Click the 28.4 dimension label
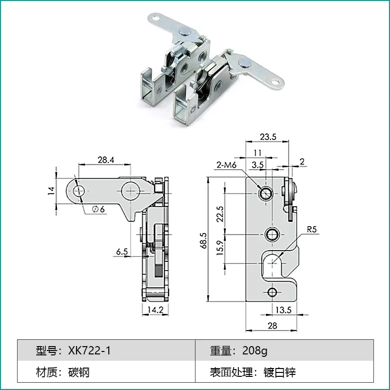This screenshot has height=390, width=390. pyautogui.click(x=106, y=160)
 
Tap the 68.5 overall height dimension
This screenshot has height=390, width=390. pyautogui.click(x=203, y=240)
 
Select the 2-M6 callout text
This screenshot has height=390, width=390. pyautogui.click(x=226, y=165)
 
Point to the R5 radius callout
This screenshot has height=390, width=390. pyautogui.click(x=312, y=229)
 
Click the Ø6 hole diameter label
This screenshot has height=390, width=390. pyautogui.click(x=98, y=209)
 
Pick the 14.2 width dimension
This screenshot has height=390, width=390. pyautogui.click(x=156, y=310)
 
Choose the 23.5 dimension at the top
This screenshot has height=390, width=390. pyautogui.click(x=268, y=137)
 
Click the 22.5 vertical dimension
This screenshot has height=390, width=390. pyautogui.click(x=220, y=214)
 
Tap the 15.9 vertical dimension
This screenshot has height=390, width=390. pyautogui.click(x=220, y=248)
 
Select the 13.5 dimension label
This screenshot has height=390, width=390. pyautogui.click(x=283, y=310)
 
